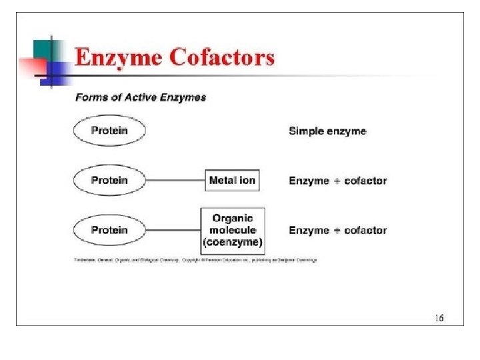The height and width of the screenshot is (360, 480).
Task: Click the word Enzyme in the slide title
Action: pyautogui.click(x=117, y=57)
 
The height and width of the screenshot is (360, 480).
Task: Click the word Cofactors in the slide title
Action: pyautogui.click(x=221, y=57)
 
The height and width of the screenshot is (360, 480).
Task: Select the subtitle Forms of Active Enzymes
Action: pyautogui.click(x=141, y=97)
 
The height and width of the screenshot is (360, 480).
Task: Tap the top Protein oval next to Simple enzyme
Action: pyautogui.click(x=109, y=131)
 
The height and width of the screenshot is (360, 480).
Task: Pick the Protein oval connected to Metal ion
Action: pyautogui.click(x=109, y=181)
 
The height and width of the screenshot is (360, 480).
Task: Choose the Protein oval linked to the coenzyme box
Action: pyautogui.click(x=109, y=230)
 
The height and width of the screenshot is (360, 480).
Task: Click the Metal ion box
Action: pyautogui.click(x=232, y=181)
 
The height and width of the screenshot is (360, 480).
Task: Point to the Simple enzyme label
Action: pyautogui.click(x=327, y=131)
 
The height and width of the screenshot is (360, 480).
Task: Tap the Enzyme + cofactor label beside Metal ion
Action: pyautogui.click(x=337, y=181)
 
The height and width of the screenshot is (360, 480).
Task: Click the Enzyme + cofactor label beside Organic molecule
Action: pyautogui.click(x=337, y=231)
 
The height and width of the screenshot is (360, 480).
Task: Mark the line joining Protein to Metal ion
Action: pyautogui.click(x=175, y=181)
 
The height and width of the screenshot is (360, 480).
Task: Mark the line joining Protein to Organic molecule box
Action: pyautogui.click(x=173, y=231)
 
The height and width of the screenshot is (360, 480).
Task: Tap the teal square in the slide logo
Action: pyautogui.click(x=43, y=48)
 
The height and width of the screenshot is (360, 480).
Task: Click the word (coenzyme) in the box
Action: pyautogui.click(x=232, y=242)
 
